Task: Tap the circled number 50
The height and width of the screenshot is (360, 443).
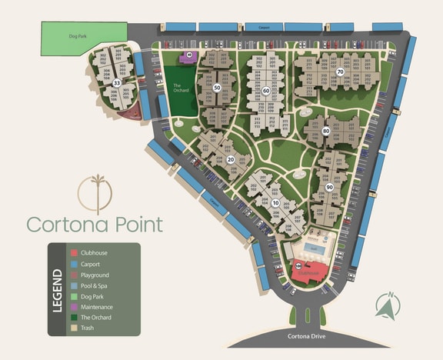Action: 217,88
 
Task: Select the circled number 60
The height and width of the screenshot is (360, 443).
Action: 265,91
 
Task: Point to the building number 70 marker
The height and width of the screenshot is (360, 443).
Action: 339,72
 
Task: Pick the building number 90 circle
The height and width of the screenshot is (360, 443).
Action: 329,187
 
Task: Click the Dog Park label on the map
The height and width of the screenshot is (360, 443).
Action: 76,35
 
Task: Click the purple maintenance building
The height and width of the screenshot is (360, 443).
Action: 188,56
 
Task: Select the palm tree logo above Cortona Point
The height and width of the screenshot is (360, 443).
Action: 97,192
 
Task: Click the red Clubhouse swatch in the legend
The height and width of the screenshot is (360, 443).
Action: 73,253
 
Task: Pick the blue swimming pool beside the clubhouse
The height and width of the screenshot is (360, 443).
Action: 314,249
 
